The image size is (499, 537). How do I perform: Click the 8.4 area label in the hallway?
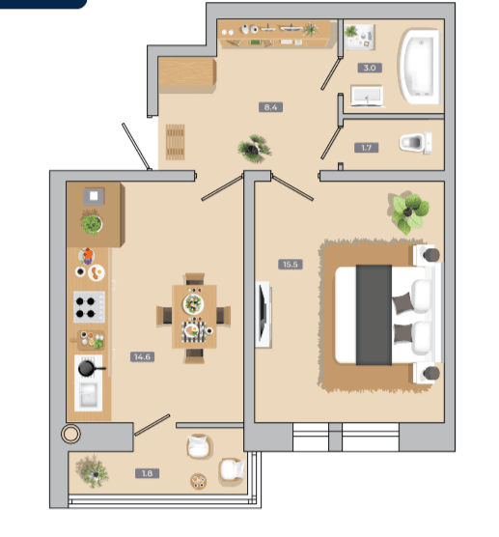[x=270, y=107]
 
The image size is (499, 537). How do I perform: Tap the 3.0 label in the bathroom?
[x=370, y=68]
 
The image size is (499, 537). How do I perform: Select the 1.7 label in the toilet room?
[x=366, y=148]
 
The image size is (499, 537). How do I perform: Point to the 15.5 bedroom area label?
[x=291, y=265]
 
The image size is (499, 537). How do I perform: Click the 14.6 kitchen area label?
[x=143, y=356]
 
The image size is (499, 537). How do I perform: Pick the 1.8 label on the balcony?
[x=147, y=473]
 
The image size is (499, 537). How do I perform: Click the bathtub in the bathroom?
[x=420, y=67]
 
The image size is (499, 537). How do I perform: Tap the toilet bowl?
[x=415, y=143]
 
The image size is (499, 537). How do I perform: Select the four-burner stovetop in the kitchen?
[x=89, y=307]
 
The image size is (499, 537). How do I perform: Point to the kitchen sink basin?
[x=89, y=396]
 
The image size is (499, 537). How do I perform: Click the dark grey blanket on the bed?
[x=374, y=315]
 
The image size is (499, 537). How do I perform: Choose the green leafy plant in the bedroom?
[x=408, y=212]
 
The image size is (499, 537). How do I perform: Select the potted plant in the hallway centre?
[x=254, y=149]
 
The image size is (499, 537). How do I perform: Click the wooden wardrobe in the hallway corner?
[x=187, y=73]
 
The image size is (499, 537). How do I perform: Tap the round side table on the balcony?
[x=199, y=481]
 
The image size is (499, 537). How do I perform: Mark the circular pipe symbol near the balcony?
[x=70, y=434]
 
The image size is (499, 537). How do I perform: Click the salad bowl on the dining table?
[x=193, y=304]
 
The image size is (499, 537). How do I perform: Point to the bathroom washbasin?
[x=367, y=96]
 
